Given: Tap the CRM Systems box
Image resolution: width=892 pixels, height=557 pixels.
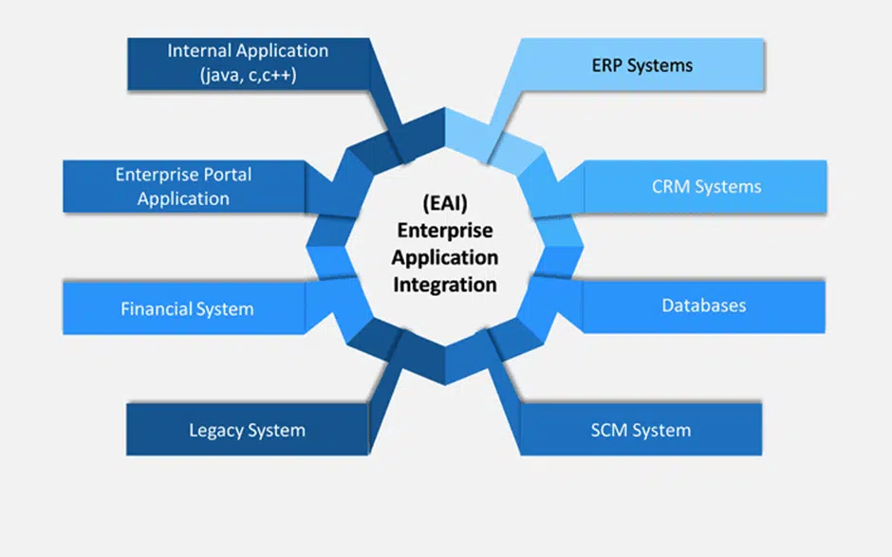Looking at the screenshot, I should [x=706, y=186].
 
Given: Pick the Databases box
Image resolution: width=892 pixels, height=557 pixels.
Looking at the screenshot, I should [x=703, y=306].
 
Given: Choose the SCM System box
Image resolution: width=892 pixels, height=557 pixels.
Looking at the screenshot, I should [x=641, y=430].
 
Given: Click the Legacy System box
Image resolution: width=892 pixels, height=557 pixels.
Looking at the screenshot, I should [x=247, y=430].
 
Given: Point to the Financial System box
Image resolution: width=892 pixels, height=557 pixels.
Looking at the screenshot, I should [x=187, y=308].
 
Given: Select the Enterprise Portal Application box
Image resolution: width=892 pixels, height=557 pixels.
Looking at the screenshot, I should [x=183, y=186].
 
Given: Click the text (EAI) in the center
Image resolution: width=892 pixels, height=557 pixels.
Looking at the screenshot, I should [x=445, y=202].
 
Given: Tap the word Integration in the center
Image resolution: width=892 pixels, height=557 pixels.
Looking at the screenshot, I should [x=445, y=284].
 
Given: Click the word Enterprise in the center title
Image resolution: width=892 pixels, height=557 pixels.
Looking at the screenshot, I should [x=445, y=230].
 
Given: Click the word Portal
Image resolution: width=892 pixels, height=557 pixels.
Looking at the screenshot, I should [x=227, y=175].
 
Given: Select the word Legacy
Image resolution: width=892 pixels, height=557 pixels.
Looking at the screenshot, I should [x=216, y=430].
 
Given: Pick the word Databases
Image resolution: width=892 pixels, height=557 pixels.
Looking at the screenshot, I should [x=703, y=306].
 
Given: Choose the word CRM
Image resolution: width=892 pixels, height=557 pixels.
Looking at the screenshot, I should [x=673, y=186].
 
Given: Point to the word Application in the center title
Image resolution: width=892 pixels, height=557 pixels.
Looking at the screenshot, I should [x=445, y=256].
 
